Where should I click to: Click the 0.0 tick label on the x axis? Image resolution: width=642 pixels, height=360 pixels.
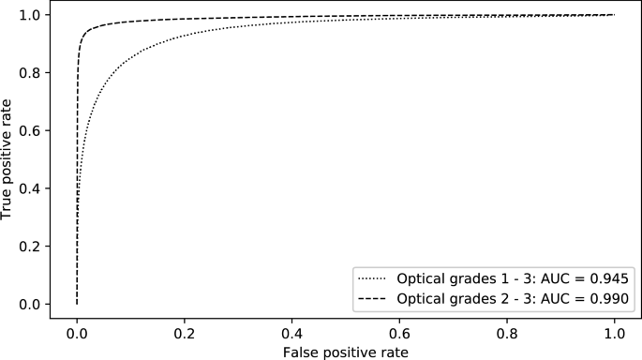click(x=77, y=332)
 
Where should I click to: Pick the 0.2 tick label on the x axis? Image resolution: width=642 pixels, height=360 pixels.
click(x=185, y=332)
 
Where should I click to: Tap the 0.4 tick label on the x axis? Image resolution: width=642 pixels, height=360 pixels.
click(x=292, y=332)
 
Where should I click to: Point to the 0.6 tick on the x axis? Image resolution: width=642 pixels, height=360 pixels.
click(x=400, y=332)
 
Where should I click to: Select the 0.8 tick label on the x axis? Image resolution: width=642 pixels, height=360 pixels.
click(x=507, y=332)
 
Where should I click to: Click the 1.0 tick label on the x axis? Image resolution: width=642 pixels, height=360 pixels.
click(x=615, y=332)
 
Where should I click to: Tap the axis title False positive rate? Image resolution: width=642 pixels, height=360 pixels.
click(x=346, y=350)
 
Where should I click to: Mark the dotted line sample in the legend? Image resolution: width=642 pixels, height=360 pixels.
click(x=372, y=278)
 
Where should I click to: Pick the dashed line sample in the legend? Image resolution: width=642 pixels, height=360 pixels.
click(x=372, y=298)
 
